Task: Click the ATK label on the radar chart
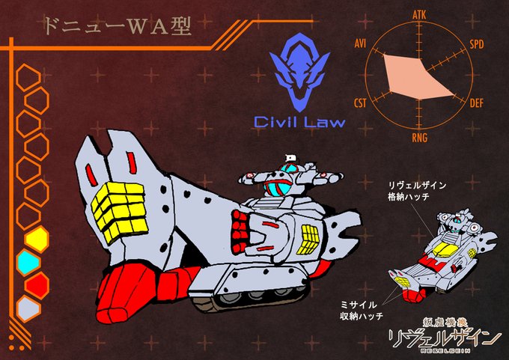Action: pos(419,14)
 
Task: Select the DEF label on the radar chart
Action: pos(477,103)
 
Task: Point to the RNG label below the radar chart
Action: pos(419,136)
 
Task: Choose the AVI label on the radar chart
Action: pos(360,44)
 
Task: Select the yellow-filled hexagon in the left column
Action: pos(37,240)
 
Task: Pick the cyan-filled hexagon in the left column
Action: pos(28,262)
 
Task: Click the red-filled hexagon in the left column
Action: pos(36,284)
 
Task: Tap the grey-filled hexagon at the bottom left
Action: pos(28,308)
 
